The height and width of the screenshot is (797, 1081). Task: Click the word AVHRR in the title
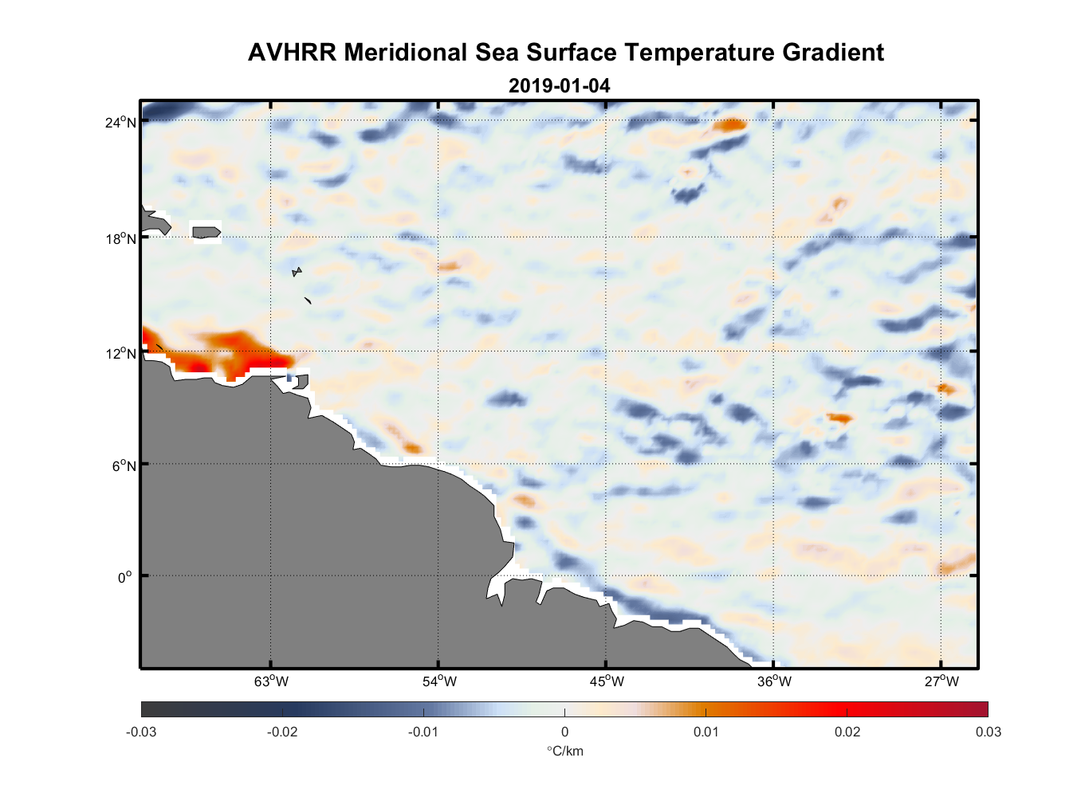coord(292,53)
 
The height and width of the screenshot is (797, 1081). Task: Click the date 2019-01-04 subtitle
coord(559,85)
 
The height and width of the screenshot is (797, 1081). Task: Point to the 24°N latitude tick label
coord(121,122)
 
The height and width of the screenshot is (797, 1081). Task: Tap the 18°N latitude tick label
coord(121,238)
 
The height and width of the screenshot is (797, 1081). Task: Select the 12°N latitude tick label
coord(121,353)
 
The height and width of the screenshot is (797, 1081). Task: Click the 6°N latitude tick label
coord(124,465)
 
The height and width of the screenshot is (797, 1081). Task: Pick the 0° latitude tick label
coord(125,577)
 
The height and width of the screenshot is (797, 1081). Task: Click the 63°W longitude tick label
coord(271,681)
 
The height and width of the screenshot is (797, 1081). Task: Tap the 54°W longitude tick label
coord(439,681)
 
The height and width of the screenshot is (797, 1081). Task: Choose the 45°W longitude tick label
coord(607,681)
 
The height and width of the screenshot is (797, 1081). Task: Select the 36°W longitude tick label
coord(774,681)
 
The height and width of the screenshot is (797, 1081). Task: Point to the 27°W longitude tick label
coord(941,681)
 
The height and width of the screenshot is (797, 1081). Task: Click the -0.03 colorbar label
coord(141,732)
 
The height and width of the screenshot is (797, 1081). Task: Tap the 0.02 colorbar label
coord(847,732)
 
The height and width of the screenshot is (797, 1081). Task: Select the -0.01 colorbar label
coord(423,732)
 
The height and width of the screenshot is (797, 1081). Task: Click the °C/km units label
coord(564,751)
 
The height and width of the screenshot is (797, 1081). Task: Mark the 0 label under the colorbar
coord(564,732)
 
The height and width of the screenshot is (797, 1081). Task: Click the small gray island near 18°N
coord(206,232)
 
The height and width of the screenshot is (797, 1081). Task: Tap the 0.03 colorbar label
coord(988,732)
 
